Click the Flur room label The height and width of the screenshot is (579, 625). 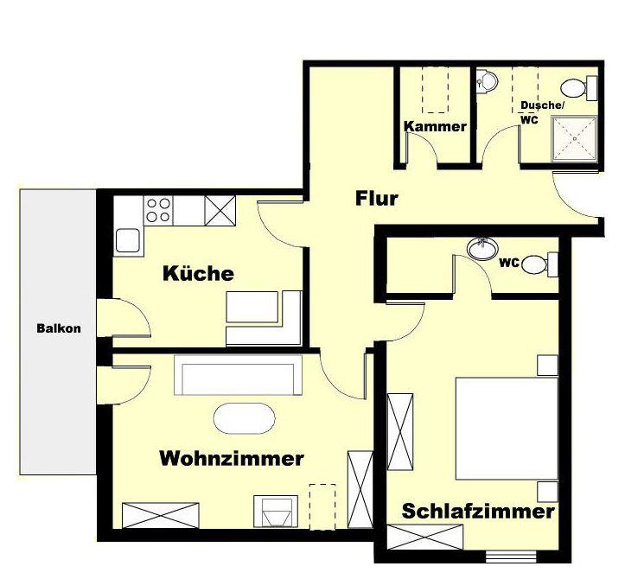click(377, 199)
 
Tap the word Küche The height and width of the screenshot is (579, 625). click(198, 273)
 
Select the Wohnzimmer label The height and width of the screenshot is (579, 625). click(232, 458)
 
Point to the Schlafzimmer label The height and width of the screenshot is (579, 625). click(478, 512)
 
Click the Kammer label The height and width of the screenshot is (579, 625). click(435, 127)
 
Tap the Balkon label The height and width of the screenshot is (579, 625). click(59, 328)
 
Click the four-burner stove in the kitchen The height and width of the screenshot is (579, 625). click(158, 210)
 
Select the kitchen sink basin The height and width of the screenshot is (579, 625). click(128, 241)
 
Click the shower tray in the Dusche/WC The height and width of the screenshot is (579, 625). click(574, 138)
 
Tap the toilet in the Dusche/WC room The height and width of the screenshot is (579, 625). click(579, 87)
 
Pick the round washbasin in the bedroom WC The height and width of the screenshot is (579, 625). click(482, 249)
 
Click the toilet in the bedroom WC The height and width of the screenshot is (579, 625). click(539, 264)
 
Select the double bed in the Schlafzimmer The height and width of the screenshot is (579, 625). click(507, 429)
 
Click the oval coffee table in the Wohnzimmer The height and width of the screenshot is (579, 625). click(245, 418)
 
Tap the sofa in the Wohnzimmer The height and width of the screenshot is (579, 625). click(238, 375)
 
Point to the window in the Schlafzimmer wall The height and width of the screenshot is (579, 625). click(511, 556)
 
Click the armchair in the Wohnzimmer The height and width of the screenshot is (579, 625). click(276, 512)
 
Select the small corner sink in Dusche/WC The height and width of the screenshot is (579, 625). click(487, 82)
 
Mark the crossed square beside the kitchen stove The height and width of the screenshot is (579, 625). click(220, 211)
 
